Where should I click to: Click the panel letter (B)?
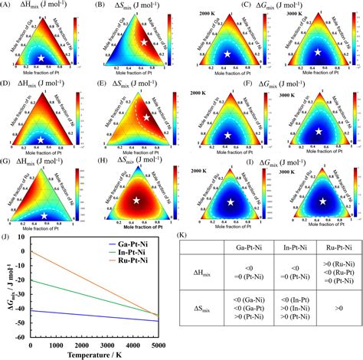point(98,5)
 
